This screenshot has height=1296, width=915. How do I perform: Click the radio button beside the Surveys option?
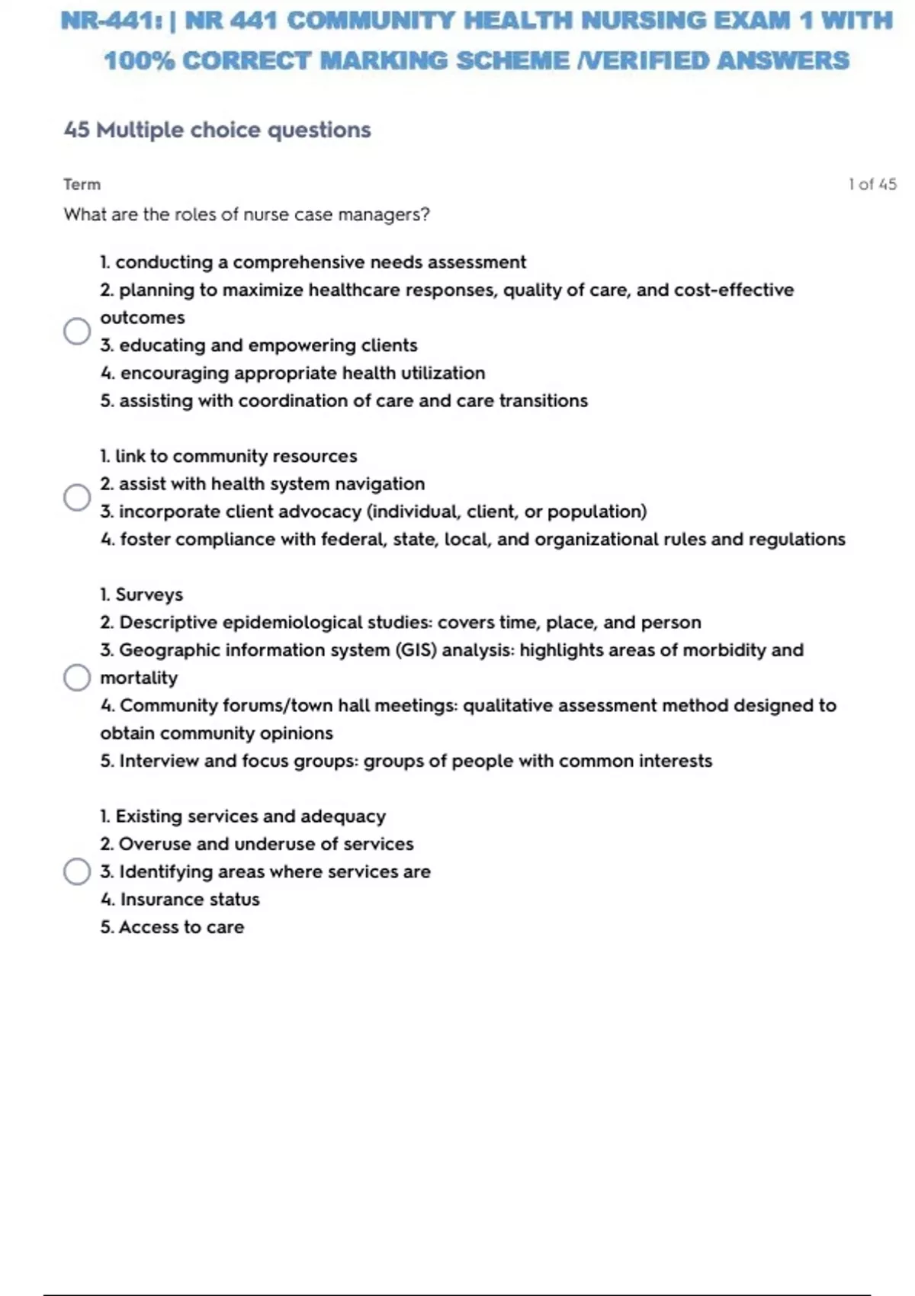coord(77,677)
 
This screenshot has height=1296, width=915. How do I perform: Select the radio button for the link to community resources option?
coord(77,497)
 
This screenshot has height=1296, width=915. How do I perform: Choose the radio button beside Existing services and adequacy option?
coord(77,871)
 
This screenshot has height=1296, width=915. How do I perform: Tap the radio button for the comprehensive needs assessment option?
coord(77,331)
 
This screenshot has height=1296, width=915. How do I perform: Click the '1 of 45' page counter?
coord(872,184)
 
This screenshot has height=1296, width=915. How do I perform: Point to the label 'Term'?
coord(82,184)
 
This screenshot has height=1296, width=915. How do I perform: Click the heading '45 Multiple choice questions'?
coord(217,130)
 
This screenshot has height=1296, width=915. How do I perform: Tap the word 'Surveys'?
coord(149,595)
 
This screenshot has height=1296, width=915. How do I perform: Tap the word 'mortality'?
coord(139,678)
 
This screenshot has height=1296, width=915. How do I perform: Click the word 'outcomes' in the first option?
coord(143,318)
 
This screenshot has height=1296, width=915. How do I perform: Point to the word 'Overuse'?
coord(155,844)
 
